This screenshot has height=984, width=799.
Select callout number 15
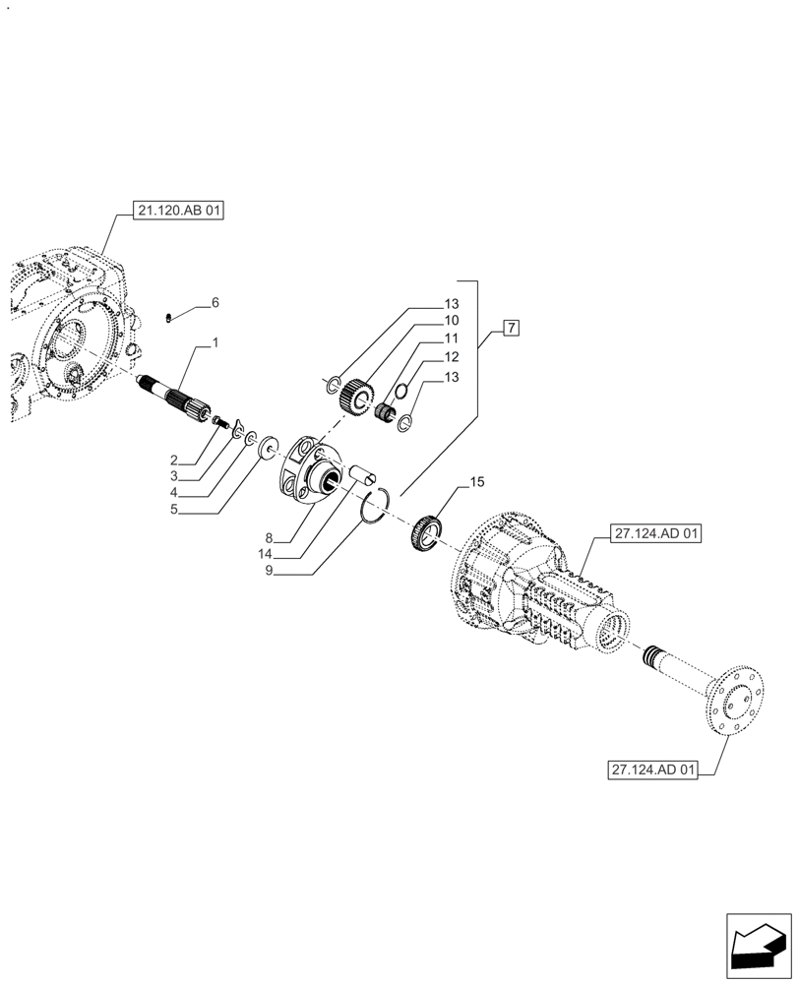pos(477,482)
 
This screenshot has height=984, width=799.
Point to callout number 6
pos(215,302)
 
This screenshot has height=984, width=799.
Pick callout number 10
pos(451,321)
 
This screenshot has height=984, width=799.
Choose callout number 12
pos(451,356)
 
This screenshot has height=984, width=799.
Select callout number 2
pos(173,461)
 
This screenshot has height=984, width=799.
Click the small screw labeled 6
pos(168,317)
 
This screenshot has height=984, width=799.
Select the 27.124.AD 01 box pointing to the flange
pos(652,770)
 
